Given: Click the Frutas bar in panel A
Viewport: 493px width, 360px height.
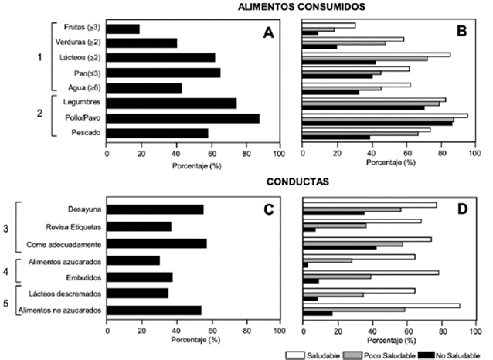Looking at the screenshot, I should tap(124, 29).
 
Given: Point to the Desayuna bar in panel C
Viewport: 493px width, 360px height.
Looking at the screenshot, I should tap(155, 209).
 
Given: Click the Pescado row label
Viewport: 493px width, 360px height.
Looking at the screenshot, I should tap(86, 133).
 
